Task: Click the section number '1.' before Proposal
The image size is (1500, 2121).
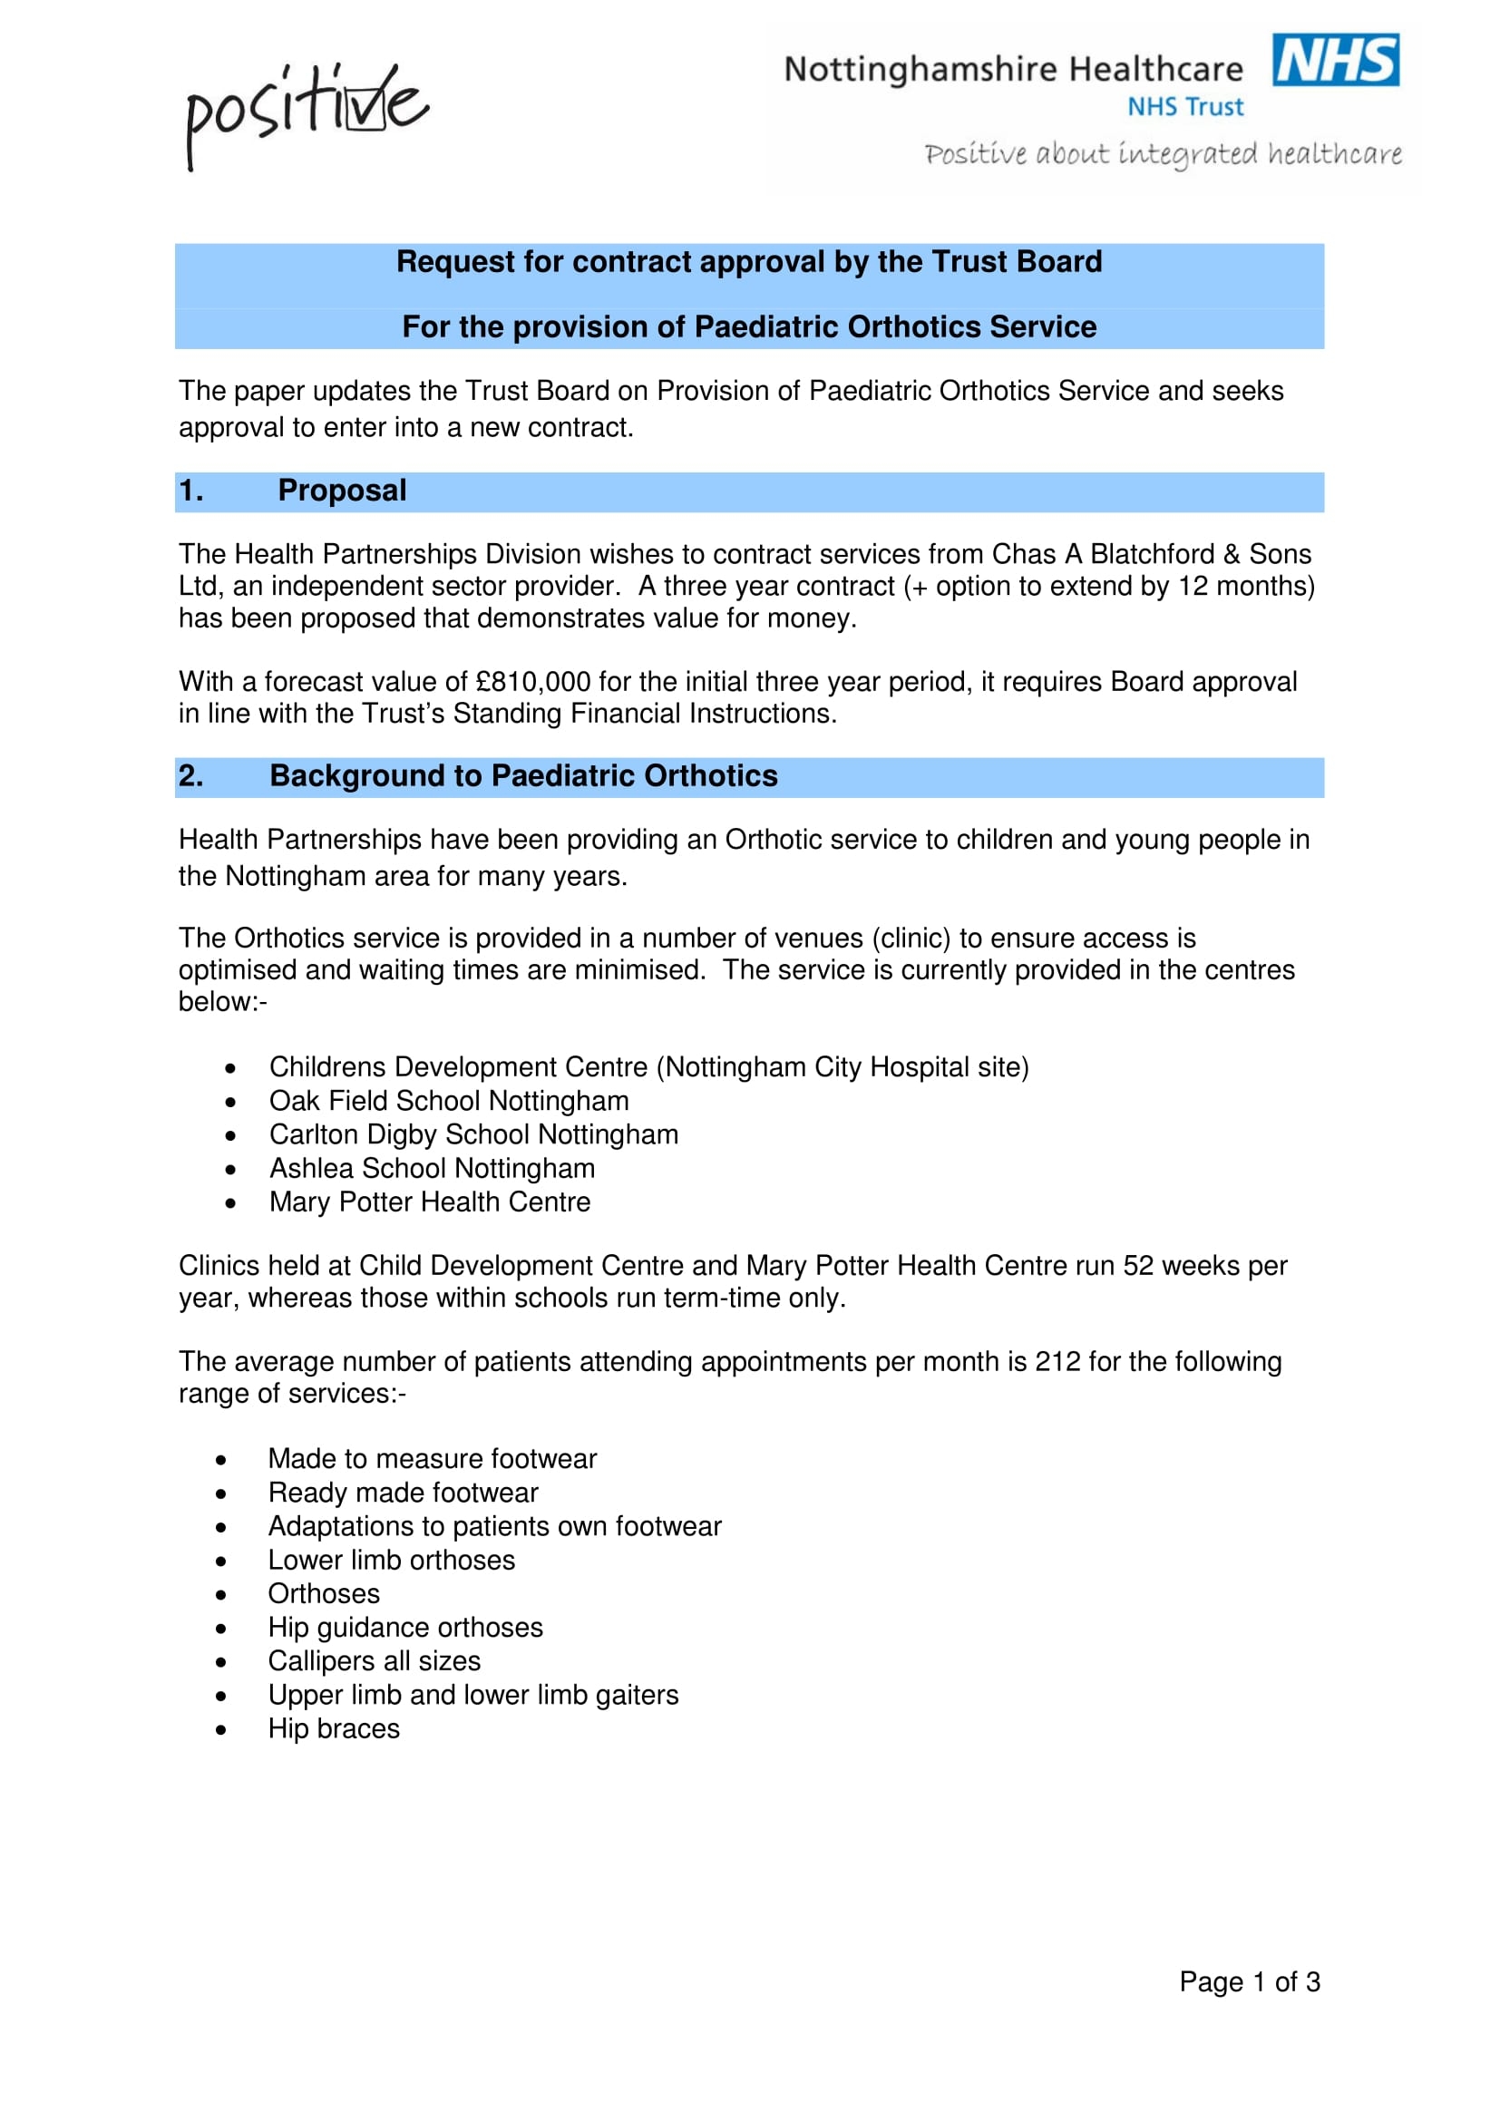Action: point(191,491)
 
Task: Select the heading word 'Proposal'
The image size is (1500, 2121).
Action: point(342,491)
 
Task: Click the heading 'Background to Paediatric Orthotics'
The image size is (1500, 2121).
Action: point(522,776)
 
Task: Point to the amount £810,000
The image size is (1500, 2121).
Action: point(533,682)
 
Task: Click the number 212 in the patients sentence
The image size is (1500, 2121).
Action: point(1057,1362)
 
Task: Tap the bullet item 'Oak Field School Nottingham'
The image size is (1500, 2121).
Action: point(449,1101)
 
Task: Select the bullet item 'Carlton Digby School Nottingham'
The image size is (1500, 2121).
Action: point(473,1134)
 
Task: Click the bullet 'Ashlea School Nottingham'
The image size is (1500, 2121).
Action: point(433,1169)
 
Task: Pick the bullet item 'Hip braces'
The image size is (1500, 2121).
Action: point(334,1728)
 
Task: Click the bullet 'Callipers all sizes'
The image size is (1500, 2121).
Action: point(374,1661)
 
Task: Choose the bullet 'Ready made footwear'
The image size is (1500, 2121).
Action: point(403,1493)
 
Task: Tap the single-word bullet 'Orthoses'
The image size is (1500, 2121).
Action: point(323,1593)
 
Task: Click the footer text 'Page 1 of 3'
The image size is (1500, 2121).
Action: point(1249,1981)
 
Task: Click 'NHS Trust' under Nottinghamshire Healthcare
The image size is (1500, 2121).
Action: point(1185,107)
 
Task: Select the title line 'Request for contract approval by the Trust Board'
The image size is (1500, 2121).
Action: point(749,262)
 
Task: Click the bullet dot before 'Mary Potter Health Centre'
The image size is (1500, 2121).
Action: point(230,1203)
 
